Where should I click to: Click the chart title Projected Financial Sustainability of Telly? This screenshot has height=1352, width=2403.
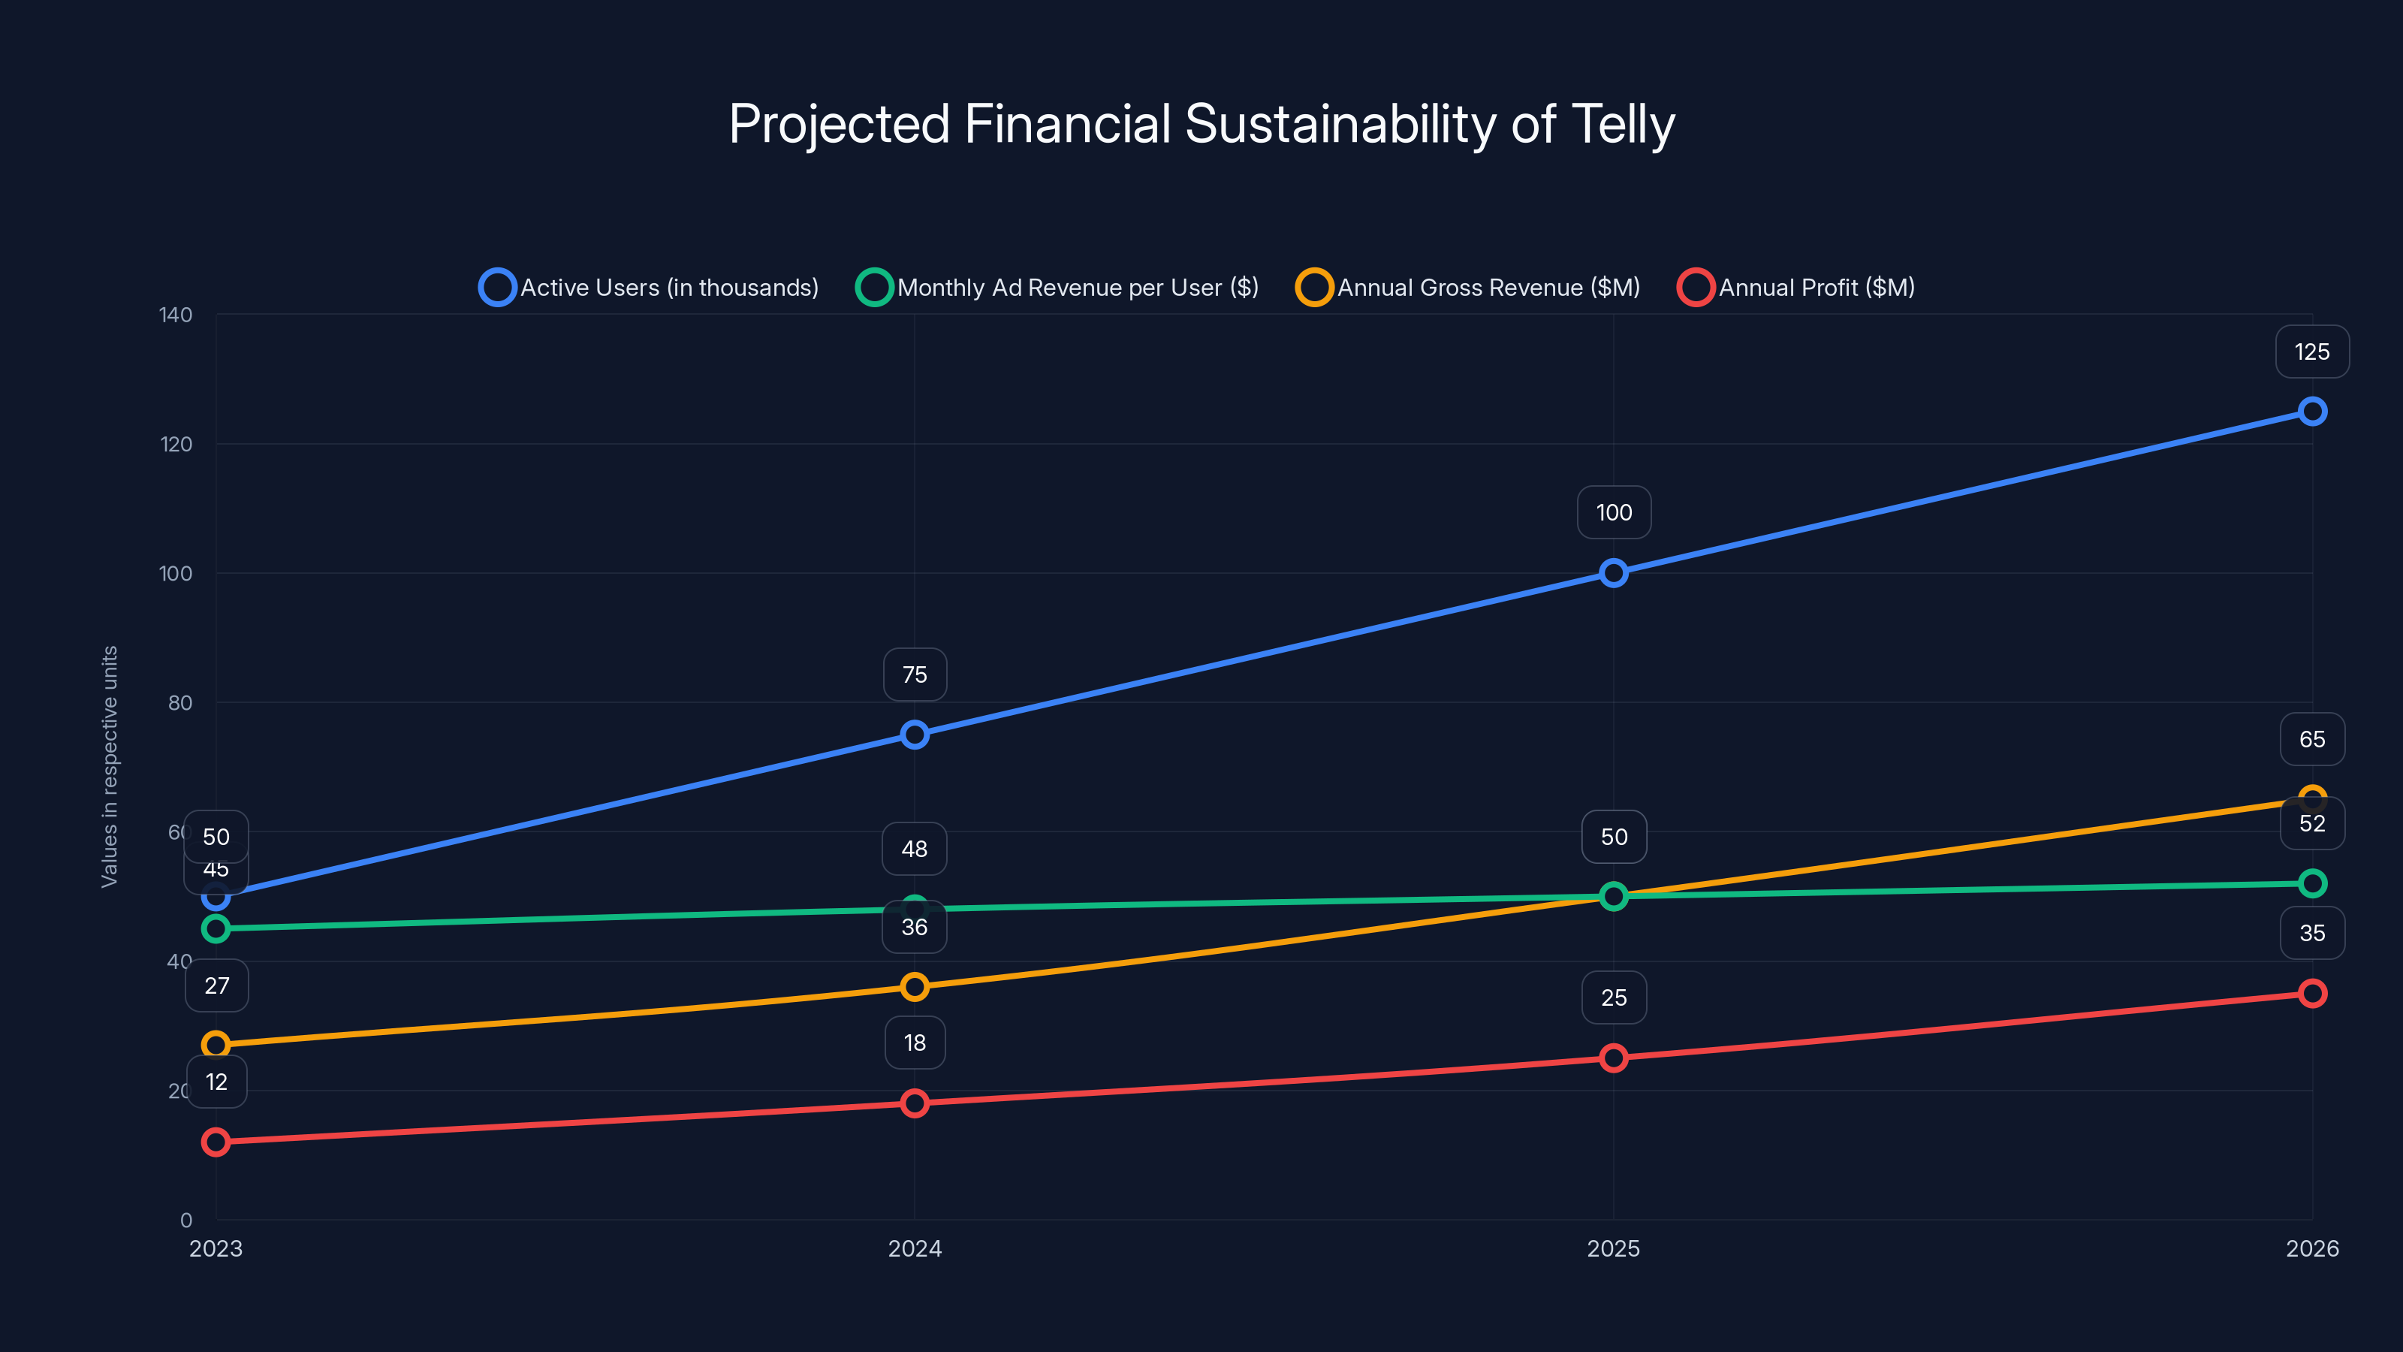click(1201, 124)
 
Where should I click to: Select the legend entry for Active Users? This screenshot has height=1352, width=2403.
click(650, 288)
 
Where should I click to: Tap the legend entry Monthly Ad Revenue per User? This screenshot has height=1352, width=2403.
click(1058, 288)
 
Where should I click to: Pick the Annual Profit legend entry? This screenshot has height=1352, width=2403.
click(1797, 288)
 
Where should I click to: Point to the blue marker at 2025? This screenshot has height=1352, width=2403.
click(1613, 573)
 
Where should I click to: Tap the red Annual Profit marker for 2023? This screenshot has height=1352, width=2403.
click(216, 1142)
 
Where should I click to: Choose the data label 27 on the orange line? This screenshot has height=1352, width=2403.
click(216, 985)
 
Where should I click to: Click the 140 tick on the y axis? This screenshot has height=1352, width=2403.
click(176, 315)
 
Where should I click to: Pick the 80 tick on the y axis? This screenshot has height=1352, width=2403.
click(180, 702)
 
